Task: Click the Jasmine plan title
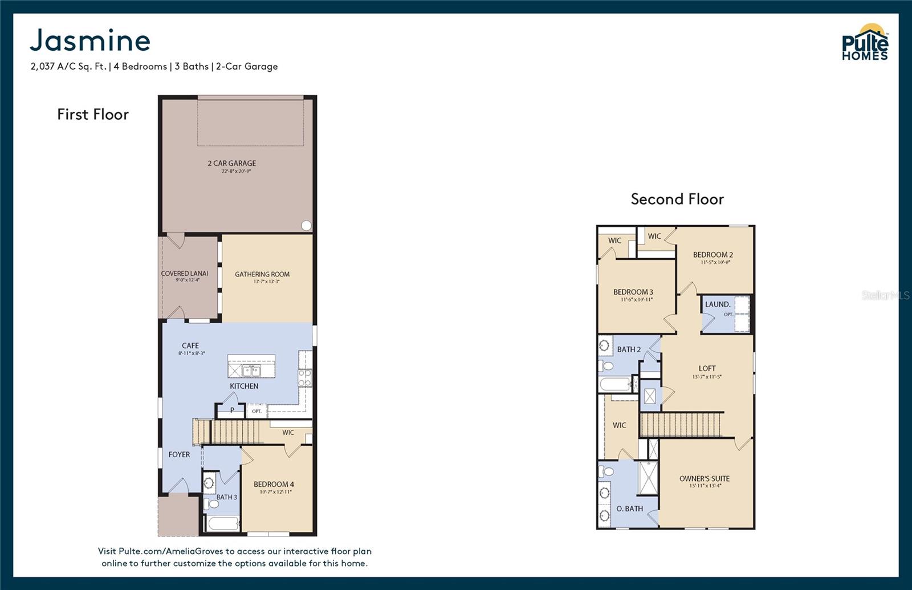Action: tap(90, 40)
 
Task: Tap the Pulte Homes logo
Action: tap(865, 43)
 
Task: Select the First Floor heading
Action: tap(93, 115)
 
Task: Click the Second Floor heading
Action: tap(677, 199)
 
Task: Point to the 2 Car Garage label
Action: tap(231, 164)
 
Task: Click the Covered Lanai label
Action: tap(185, 274)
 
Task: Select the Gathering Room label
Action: tap(262, 274)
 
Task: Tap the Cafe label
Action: tap(190, 345)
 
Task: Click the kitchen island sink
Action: tap(251, 371)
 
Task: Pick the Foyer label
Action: tap(179, 454)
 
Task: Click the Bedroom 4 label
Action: tap(274, 485)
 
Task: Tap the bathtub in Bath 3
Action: tap(223, 523)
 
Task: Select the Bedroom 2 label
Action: tap(713, 255)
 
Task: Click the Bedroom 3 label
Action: tap(633, 292)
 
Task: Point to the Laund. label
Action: tap(717, 304)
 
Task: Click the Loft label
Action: tap(707, 369)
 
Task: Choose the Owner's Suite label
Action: tap(705, 479)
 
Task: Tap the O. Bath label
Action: tap(629, 508)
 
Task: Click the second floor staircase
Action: tap(681, 425)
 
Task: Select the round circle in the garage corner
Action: tap(306, 226)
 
